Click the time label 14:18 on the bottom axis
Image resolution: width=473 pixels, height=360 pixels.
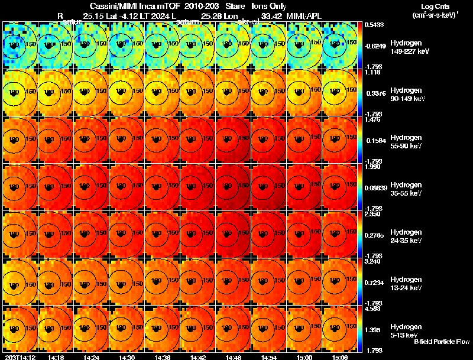(x=56, y=357)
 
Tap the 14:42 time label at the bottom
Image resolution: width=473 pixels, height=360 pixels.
(x=198, y=357)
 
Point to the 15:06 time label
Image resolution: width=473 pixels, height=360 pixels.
(x=340, y=357)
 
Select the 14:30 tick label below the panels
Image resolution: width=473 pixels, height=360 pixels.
(x=127, y=357)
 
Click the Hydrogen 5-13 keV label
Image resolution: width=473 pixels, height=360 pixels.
(x=406, y=330)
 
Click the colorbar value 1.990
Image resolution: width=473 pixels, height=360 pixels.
(x=372, y=167)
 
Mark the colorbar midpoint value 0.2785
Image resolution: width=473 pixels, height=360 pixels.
(x=374, y=236)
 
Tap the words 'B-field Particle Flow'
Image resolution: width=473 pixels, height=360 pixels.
(x=441, y=342)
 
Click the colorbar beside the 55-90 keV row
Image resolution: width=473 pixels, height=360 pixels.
(x=360, y=140)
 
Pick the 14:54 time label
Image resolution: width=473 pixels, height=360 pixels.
(x=269, y=357)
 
